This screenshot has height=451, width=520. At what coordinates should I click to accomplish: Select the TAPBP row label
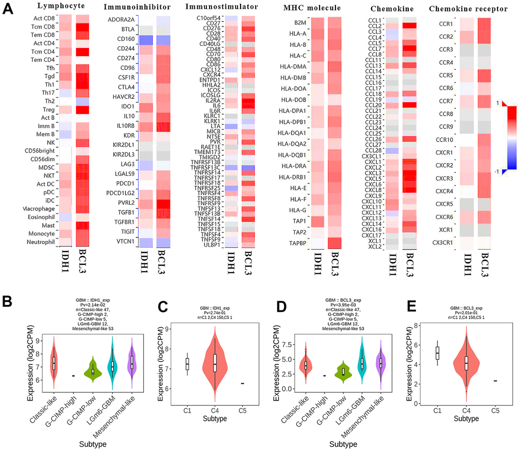click(x=298, y=243)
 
